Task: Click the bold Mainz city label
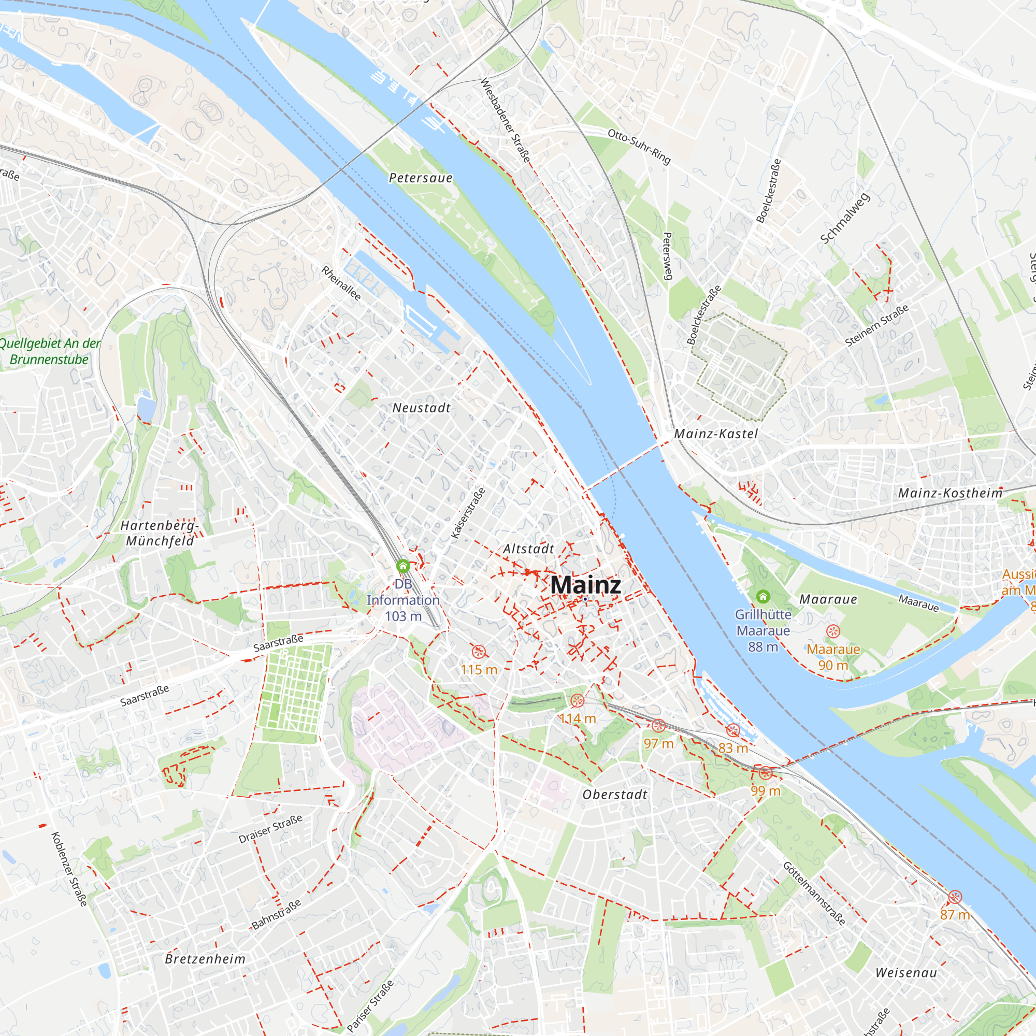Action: coord(585,584)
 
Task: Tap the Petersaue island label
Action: coord(421,178)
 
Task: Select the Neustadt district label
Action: coord(422,408)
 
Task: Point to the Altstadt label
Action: coord(528,549)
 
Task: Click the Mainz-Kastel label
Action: coord(716,434)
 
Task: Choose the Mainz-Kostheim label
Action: coord(950,493)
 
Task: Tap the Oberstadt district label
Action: coord(615,795)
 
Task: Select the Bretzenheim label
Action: coord(205,959)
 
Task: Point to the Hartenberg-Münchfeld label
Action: coord(159,534)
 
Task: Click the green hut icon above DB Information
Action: coord(402,566)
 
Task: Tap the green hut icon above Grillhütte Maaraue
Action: coord(763,596)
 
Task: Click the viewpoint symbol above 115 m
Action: coord(478,652)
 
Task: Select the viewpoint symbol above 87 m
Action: coord(955,897)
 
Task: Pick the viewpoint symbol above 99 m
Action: coord(766,773)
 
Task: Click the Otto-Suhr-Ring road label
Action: coord(639,147)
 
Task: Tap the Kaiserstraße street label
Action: coord(468,513)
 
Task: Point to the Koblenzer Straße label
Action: coord(69,869)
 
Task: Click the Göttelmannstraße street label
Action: coord(814,894)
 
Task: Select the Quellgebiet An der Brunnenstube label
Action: coord(49,351)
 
